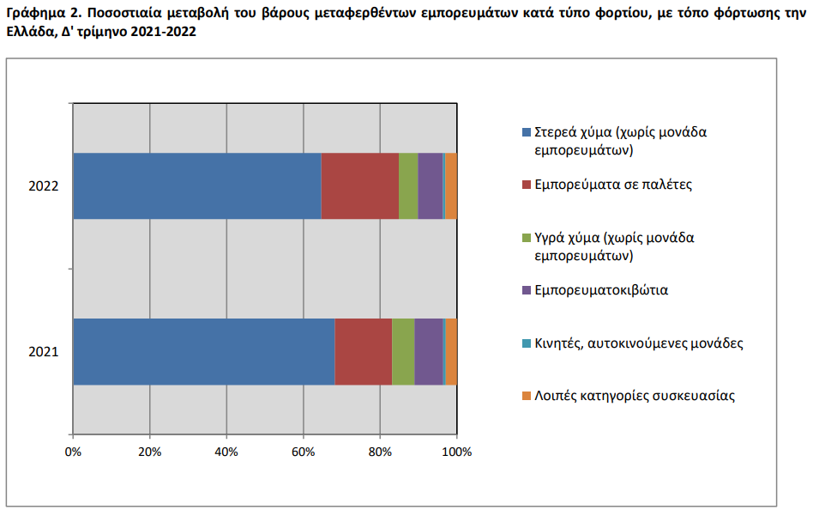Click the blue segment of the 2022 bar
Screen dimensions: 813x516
(197, 185)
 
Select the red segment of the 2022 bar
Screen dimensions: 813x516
(360, 185)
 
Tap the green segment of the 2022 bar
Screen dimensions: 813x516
(408, 185)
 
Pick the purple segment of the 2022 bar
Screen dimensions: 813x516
(431, 185)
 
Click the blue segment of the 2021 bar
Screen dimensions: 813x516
(204, 351)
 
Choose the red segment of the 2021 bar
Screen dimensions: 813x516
(363, 351)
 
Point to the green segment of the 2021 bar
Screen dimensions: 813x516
(403, 351)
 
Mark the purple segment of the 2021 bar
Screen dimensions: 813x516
(429, 351)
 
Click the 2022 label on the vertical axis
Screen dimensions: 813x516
(44, 185)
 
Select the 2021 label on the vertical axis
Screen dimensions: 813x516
(44, 352)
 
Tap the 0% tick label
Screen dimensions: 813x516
(73, 452)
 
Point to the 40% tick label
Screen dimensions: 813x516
(226, 452)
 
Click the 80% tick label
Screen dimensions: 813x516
(380, 452)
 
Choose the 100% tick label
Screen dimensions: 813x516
(457, 452)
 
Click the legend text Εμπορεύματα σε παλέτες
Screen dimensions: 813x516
(613, 185)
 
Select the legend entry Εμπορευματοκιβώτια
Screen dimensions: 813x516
(601, 290)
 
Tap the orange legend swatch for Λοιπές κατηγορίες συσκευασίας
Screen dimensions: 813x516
(527, 396)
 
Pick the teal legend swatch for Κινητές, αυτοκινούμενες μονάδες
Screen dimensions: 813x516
(527, 343)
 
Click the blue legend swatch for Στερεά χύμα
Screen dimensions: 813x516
(527, 132)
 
